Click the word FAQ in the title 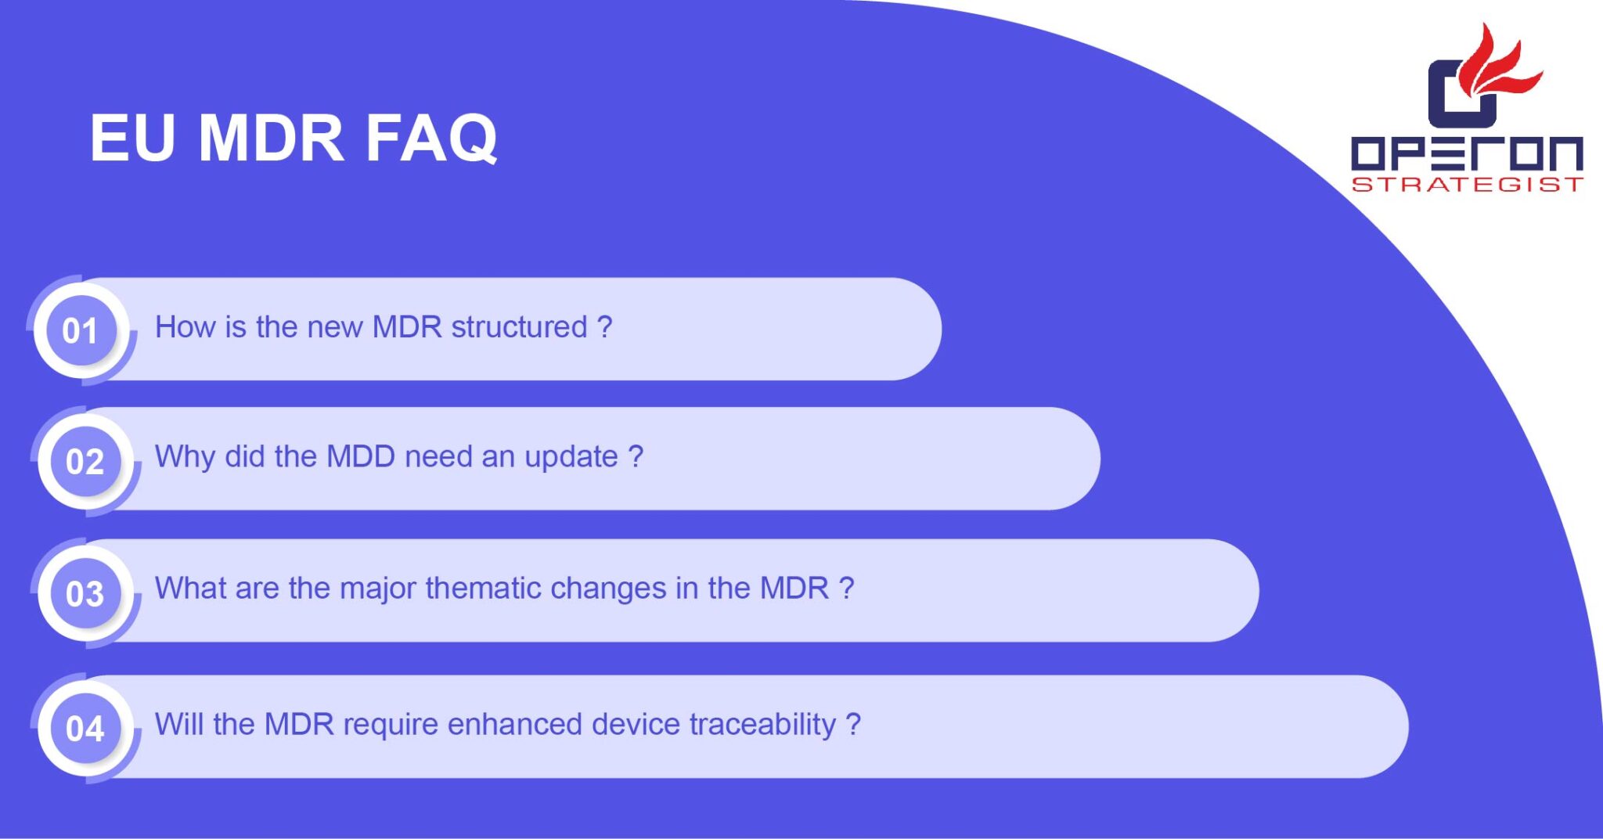[431, 139]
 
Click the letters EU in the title [131, 139]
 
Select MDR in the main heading [271, 139]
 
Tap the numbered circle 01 [81, 330]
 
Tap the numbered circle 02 [85, 462]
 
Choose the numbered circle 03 [85, 593]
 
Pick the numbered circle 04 [85, 729]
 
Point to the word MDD [360, 456]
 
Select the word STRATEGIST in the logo [1467, 185]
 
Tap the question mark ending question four [853, 724]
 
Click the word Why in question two [185, 457]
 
